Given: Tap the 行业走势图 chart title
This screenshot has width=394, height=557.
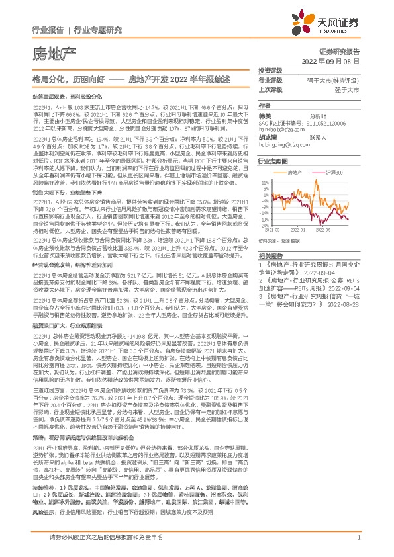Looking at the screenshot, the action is (x=274, y=179).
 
